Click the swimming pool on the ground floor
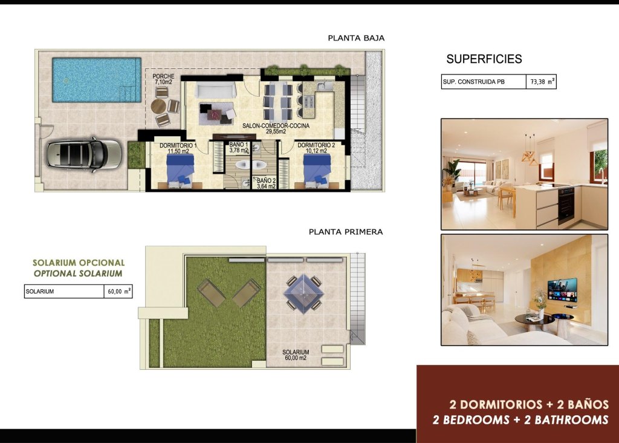(x=96, y=80)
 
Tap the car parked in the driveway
(x=84, y=154)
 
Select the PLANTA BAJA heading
(x=356, y=38)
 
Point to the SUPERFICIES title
(x=484, y=59)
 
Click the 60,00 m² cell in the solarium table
(x=118, y=292)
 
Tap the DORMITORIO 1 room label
(x=178, y=146)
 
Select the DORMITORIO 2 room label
(x=316, y=145)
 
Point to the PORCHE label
(x=163, y=77)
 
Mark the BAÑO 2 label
(x=266, y=181)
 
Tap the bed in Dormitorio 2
(x=317, y=168)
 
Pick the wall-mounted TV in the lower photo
(x=562, y=290)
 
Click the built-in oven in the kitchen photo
(x=566, y=205)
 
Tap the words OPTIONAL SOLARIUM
(x=78, y=274)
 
